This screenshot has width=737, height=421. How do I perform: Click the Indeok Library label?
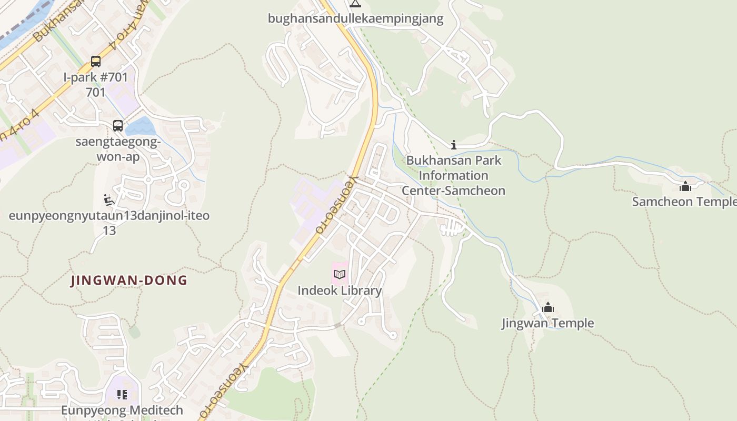340,290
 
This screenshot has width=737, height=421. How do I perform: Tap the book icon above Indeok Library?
340,274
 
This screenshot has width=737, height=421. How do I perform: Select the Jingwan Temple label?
547,323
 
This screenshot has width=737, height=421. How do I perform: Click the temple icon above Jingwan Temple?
548,307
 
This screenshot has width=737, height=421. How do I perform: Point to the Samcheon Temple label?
684,202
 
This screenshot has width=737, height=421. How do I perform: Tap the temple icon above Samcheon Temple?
685,186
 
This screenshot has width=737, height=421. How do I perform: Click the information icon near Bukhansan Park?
454,145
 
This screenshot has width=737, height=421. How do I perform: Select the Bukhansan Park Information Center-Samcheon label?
453,175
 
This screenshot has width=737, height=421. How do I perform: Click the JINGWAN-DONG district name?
130,280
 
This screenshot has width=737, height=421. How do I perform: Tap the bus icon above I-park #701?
96,62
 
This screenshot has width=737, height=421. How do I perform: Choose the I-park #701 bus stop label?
96,77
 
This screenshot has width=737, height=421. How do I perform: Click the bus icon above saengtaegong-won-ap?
118,126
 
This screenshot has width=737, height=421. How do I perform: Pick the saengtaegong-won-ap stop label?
118,149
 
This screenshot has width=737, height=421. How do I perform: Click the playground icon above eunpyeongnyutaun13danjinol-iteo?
109,200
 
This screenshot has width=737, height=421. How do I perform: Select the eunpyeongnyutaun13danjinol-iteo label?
109,216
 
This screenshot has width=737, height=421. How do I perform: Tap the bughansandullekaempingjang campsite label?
355,19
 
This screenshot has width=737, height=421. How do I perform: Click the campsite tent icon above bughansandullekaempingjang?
355,4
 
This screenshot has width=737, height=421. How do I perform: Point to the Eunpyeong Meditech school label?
122,410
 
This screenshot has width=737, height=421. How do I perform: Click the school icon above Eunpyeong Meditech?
122,395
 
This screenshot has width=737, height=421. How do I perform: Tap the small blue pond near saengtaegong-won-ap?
140,126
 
